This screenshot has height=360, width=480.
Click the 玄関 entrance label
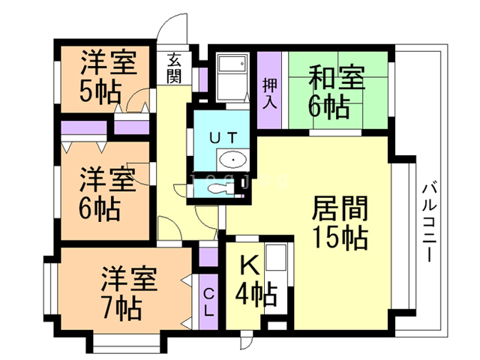point(173,67)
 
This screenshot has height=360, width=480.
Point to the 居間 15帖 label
point(339,223)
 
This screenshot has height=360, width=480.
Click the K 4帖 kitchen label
point(254,280)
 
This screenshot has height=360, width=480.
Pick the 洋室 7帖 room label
point(128,292)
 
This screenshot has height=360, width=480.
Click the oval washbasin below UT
point(233,160)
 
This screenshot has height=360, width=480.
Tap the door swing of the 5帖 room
point(136,101)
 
